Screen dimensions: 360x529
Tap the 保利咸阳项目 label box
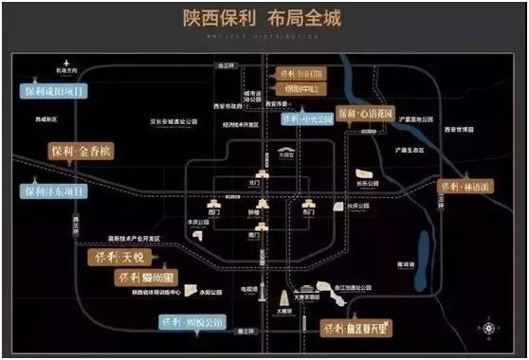[x=54, y=92]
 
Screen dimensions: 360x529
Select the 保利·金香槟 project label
[x=82, y=151]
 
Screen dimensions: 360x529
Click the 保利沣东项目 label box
[x=54, y=191]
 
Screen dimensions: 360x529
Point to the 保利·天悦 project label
[x=121, y=257]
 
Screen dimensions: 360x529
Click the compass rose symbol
[x=490, y=330]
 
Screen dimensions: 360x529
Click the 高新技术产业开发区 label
[x=134, y=238]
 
